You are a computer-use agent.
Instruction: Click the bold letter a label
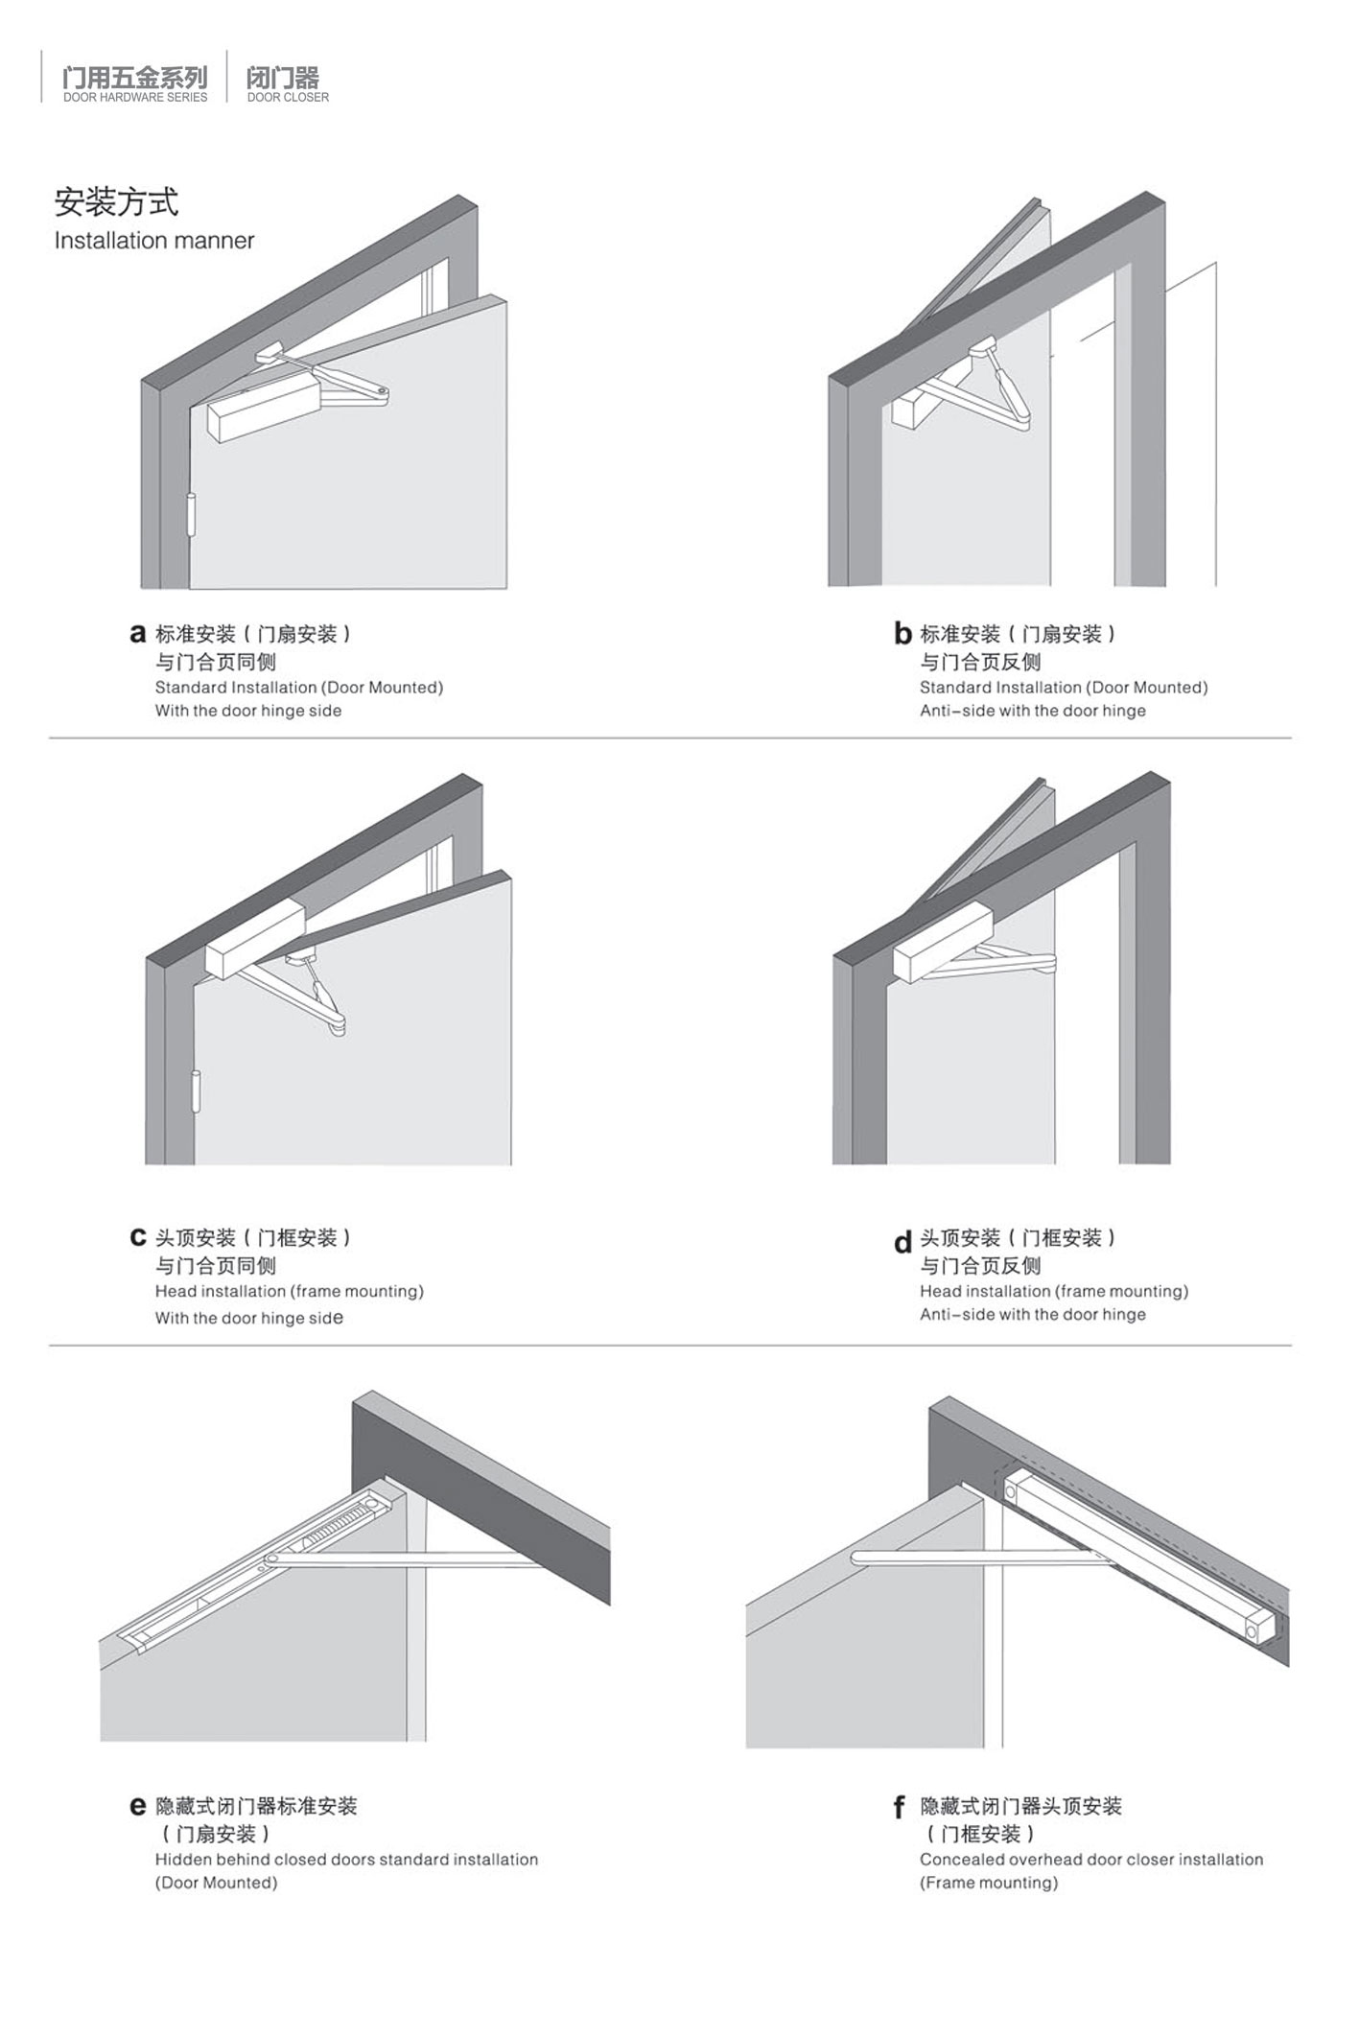138,634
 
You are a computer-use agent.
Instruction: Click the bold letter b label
902,633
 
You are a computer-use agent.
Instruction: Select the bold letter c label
138,1238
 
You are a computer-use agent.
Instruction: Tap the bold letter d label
902,1242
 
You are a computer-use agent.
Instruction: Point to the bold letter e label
138,1807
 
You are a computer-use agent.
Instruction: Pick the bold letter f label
900,1807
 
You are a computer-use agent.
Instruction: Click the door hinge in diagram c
198,1090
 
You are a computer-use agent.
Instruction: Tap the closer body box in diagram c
255,940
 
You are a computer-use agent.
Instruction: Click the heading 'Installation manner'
154,241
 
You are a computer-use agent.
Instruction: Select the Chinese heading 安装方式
116,202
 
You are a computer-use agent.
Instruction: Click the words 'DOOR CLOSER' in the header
288,97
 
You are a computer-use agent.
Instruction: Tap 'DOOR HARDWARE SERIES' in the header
135,97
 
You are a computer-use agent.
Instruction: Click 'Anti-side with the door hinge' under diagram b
1033,711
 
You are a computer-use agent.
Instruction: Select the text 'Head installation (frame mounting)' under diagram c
290,1292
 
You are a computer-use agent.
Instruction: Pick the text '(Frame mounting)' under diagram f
989,1883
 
